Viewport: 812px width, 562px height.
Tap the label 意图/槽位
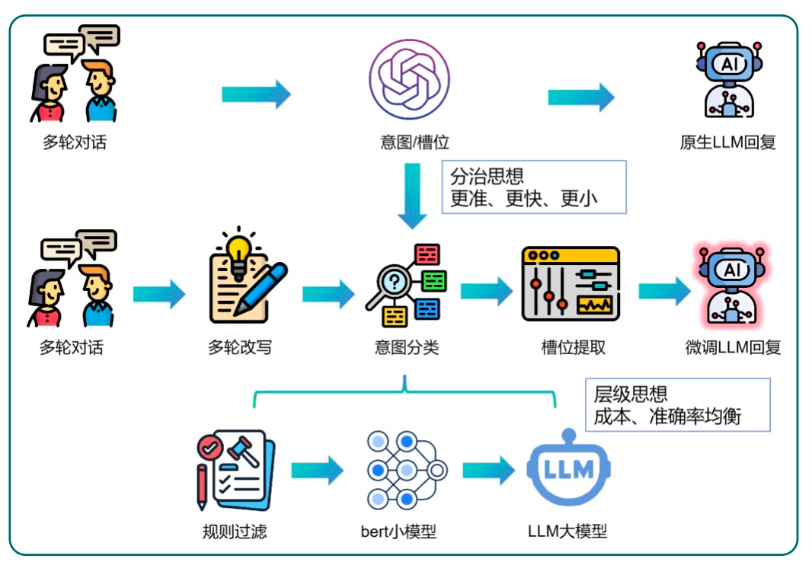409,142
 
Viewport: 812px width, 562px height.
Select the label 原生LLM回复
727,142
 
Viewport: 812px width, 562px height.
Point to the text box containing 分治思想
533,187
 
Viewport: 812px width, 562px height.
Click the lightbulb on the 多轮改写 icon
240,249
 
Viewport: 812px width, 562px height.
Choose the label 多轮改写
240,348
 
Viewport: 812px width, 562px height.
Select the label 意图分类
407,348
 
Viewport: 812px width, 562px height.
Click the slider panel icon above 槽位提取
571,283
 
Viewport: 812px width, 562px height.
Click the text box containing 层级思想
677,404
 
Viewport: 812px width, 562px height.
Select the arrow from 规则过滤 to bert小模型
316,471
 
